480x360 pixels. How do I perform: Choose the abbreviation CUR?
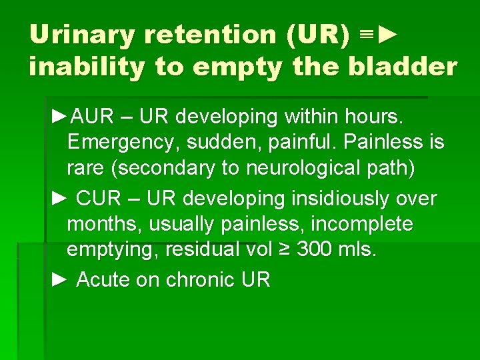tap(99, 199)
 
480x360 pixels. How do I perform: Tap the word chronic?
tap(198, 280)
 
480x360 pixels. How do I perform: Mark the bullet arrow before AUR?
tap(59, 117)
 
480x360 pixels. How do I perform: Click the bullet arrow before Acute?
tap(59, 280)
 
